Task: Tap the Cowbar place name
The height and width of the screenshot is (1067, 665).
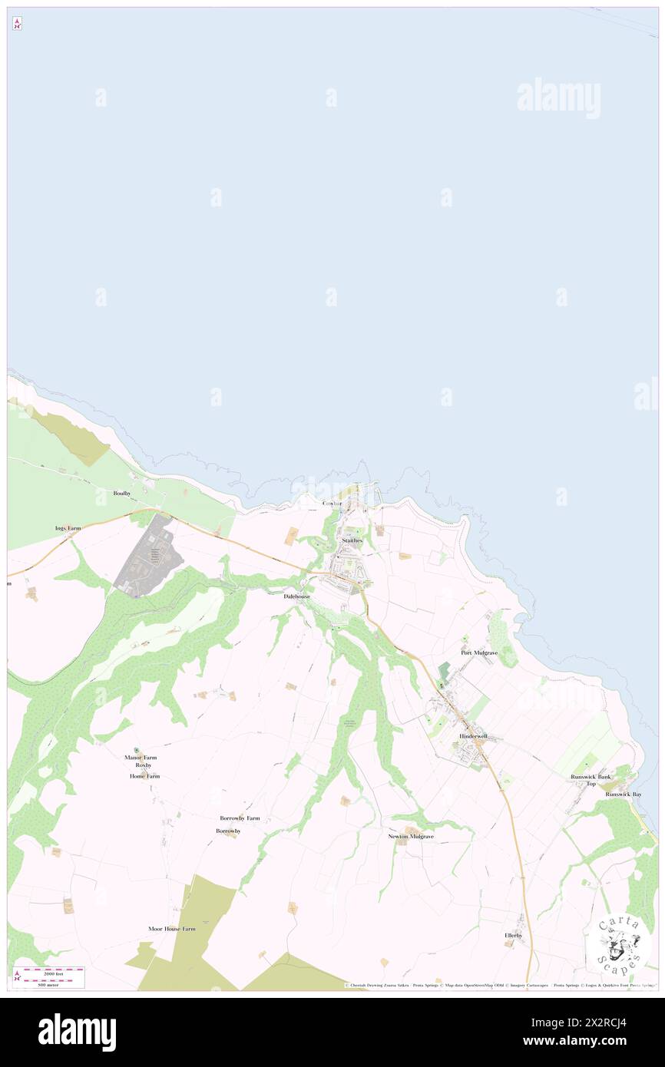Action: click(332, 504)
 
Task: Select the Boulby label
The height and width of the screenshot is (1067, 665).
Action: click(122, 493)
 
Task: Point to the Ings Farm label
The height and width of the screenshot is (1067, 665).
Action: click(68, 529)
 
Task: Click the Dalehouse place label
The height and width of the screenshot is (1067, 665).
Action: click(297, 596)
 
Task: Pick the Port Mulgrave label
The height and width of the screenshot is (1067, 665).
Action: click(479, 652)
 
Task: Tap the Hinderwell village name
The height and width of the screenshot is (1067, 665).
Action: click(473, 735)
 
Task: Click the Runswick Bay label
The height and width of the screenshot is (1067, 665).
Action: click(623, 794)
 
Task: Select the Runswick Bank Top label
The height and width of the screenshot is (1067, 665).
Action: click(590, 780)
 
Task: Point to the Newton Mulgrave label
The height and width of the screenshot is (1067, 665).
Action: click(411, 836)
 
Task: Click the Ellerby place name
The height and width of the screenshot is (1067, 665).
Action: click(513, 935)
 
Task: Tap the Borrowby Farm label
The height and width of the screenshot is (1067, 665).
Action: click(240, 818)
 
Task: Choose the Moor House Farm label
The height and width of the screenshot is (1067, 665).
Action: click(172, 929)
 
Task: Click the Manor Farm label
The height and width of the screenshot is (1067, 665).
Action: click(141, 758)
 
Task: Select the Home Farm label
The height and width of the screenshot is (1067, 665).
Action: click(144, 776)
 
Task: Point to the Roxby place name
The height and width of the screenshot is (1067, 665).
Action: click(144, 765)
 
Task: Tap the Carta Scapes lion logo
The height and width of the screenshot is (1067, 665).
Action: click(617, 943)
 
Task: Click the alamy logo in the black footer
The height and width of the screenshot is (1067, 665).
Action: click(77, 1032)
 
